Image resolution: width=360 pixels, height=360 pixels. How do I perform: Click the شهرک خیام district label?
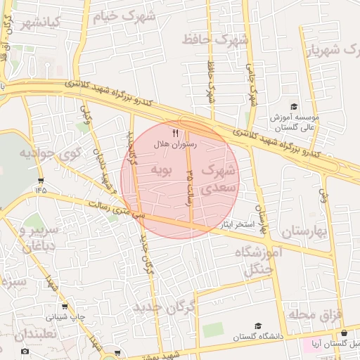pos(128,15)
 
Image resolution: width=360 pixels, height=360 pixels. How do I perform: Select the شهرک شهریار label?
pos(333,50)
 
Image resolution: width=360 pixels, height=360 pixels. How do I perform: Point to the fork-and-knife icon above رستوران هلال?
pos(175,133)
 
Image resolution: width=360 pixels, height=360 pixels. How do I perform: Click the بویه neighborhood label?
pos(162,169)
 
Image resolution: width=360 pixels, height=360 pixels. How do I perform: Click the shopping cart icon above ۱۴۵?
pos(41,180)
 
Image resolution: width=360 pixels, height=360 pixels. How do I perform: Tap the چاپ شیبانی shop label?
pos(66,317)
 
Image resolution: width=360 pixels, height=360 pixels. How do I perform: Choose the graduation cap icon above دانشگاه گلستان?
pos(257,326)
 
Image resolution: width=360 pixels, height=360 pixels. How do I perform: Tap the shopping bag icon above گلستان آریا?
pos(344,333)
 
